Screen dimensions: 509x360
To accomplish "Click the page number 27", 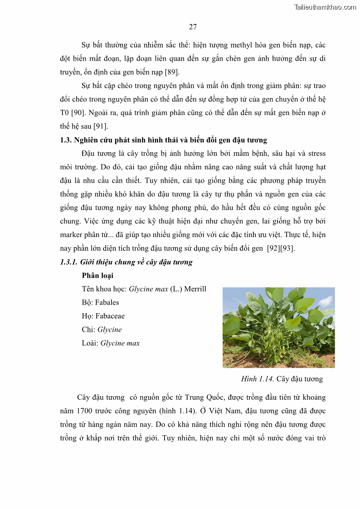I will [193, 27].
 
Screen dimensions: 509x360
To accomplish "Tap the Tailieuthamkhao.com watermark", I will [325, 7].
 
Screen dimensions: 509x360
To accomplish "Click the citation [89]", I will [171, 72].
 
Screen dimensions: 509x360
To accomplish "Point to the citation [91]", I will [101, 126].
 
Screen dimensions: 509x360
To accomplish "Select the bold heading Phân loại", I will [97, 276].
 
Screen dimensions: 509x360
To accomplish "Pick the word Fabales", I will [107, 302].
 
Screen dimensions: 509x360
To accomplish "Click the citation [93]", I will [287, 248].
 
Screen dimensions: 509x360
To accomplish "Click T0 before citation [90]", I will [65, 113].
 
